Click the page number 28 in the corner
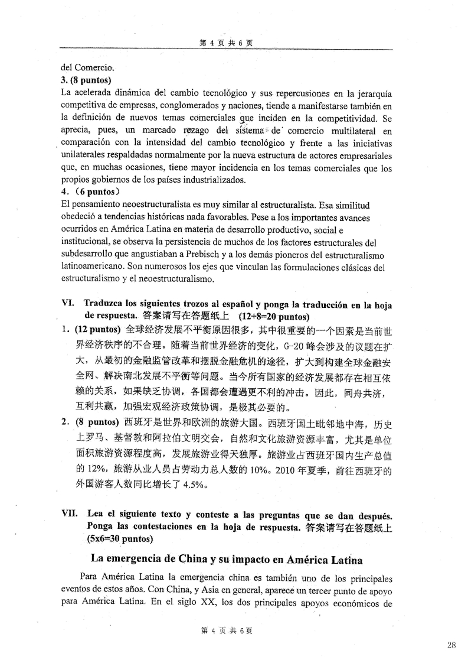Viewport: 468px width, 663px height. click(x=451, y=645)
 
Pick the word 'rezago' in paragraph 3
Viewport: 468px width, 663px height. click(x=196, y=131)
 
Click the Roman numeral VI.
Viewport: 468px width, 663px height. click(x=68, y=302)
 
